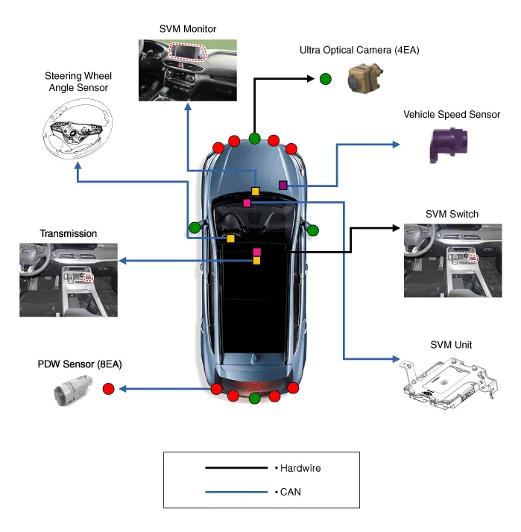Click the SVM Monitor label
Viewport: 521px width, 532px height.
click(x=187, y=29)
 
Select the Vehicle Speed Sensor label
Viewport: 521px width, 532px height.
click(x=452, y=115)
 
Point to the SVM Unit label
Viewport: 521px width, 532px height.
click(x=451, y=345)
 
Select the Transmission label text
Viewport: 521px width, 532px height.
click(x=68, y=233)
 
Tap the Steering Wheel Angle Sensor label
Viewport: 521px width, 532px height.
click(x=76, y=82)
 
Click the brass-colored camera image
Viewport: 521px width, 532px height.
click(x=364, y=77)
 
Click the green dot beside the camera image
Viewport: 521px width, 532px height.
click(x=326, y=79)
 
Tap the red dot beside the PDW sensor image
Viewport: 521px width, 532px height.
click(x=108, y=388)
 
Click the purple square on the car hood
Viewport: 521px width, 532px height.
click(x=282, y=185)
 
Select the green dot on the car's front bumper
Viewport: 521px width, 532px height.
click(x=255, y=138)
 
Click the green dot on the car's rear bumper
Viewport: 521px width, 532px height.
click(x=255, y=399)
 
